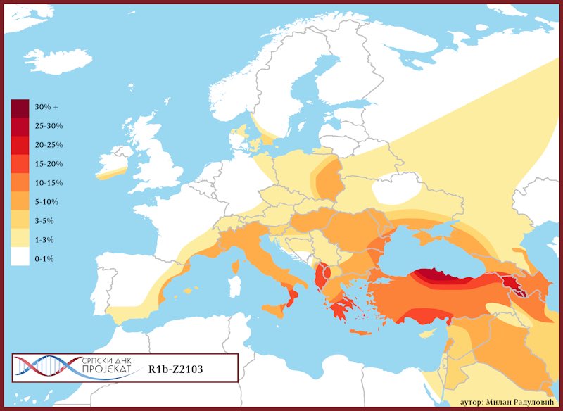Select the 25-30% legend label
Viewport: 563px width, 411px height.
pyautogui.click(x=49, y=126)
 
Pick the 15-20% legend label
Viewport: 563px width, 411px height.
pyautogui.click(x=49, y=164)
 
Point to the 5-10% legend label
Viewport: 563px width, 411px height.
pyautogui.click(x=46, y=202)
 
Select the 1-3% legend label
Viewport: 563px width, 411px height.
pyautogui.click(x=45, y=240)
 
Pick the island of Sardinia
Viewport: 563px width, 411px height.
pyautogui.click(x=232, y=282)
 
